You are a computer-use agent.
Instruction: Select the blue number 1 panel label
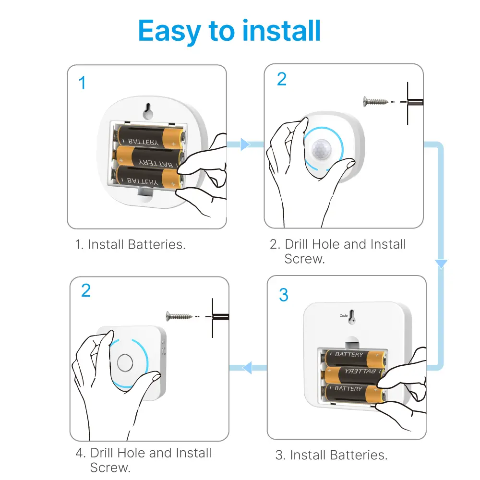coord(82,83)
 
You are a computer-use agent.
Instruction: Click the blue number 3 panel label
coord(284,295)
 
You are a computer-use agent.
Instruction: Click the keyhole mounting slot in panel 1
coord(148,111)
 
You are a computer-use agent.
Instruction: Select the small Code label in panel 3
coord(344,315)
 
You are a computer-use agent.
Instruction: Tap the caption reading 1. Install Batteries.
coord(130,244)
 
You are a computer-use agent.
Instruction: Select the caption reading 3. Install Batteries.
coord(331,455)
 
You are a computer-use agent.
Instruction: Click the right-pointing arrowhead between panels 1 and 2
coord(245,144)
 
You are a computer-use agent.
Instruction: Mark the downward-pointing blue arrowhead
coord(441,264)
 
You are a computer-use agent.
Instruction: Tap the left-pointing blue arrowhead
coord(247,368)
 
